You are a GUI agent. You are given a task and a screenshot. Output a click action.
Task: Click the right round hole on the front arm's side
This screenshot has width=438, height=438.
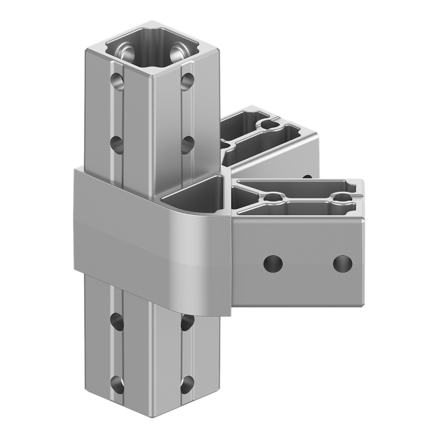point(342,262)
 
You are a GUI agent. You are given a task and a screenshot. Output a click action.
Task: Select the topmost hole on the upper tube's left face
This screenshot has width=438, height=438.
point(117,81)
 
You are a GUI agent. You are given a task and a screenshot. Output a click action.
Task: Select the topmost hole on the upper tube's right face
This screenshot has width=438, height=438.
point(186,81)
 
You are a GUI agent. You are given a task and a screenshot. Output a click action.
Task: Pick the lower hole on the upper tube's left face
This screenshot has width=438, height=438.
point(117,144)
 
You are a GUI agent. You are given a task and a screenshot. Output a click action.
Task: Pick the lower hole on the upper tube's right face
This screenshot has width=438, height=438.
point(186,145)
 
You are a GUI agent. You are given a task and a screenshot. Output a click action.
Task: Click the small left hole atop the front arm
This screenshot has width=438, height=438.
point(272,197)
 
